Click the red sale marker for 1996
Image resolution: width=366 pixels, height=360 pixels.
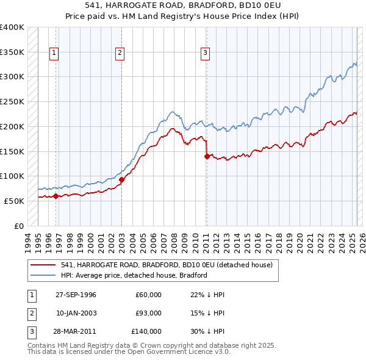click(56, 196)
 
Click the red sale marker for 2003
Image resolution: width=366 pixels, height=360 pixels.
click(121, 179)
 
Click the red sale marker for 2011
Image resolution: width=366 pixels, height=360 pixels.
click(207, 156)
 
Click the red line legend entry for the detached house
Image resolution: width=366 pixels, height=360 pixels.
click(170, 265)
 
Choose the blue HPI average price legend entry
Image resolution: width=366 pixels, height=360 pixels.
click(134, 275)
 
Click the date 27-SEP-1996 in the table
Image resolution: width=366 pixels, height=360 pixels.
click(76, 295)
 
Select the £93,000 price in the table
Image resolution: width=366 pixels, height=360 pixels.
click(148, 313)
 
